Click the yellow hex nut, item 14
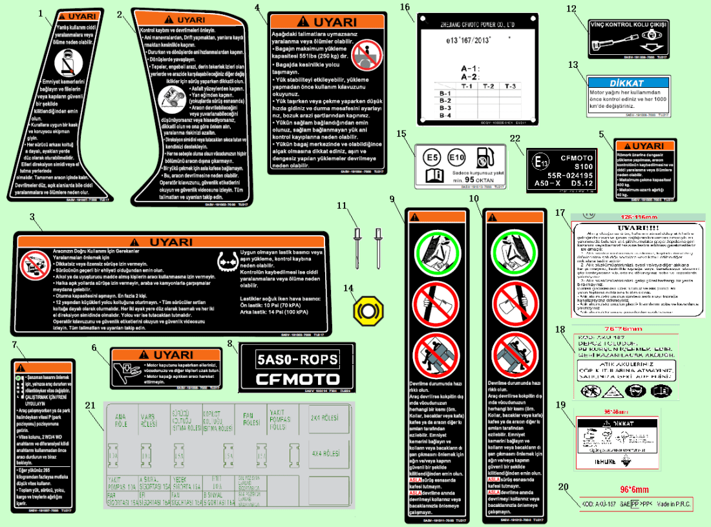click(365, 310)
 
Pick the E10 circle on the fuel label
click(456, 157)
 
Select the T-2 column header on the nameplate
click(489, 86)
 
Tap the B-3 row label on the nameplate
click(445, 108)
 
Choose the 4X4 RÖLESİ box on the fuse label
click(324, 454)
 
